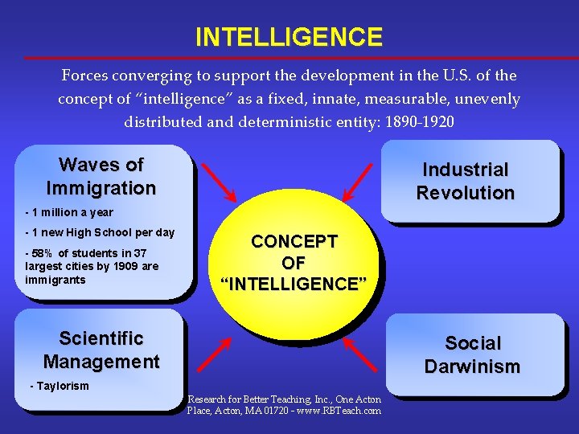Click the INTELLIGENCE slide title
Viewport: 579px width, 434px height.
pos(289,37)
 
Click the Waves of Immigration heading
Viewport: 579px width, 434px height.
pos(101,177)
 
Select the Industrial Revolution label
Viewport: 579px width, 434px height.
pos(465,182)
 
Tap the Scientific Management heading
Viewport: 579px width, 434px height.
pos(101,350)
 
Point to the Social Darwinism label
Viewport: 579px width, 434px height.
pos(472,355)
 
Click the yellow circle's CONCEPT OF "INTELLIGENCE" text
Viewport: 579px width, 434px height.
pos(294,263)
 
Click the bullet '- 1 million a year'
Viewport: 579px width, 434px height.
pos(69,213)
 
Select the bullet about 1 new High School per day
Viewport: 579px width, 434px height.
pos(100,233)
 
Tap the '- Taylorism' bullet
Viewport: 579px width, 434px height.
pos(60,386)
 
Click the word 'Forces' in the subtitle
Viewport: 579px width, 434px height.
pos(85,76)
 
